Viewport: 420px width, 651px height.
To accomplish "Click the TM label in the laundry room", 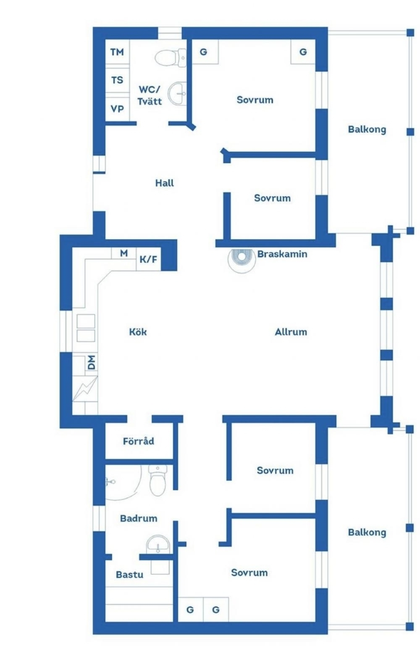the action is pos(117,52).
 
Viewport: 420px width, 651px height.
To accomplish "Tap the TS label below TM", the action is pos(117,80).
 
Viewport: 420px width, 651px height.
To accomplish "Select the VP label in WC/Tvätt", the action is pos(117,109).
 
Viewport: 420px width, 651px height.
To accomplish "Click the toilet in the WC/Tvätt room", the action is pos(171,58).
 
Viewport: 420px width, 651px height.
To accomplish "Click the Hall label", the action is pos(164,183).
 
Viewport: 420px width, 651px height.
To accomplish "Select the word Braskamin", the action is pos(282,254).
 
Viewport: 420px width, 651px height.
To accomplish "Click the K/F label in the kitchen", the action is pos(148,259).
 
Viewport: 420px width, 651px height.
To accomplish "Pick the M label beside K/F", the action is pos(124,253).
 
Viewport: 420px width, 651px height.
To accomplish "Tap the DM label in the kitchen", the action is pos(92,362).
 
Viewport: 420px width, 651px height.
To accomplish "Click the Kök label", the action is pos(138,332).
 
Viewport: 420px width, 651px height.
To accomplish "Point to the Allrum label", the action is pos(291,332).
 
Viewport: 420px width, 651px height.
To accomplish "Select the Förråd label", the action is pos(138,441).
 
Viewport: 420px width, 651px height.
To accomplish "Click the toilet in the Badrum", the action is pos(158,480).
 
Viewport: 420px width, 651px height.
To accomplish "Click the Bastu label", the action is pos(129,575).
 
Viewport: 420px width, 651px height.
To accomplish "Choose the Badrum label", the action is pos(139,518).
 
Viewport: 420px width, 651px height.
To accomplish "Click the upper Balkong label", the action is pos(367,129).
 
